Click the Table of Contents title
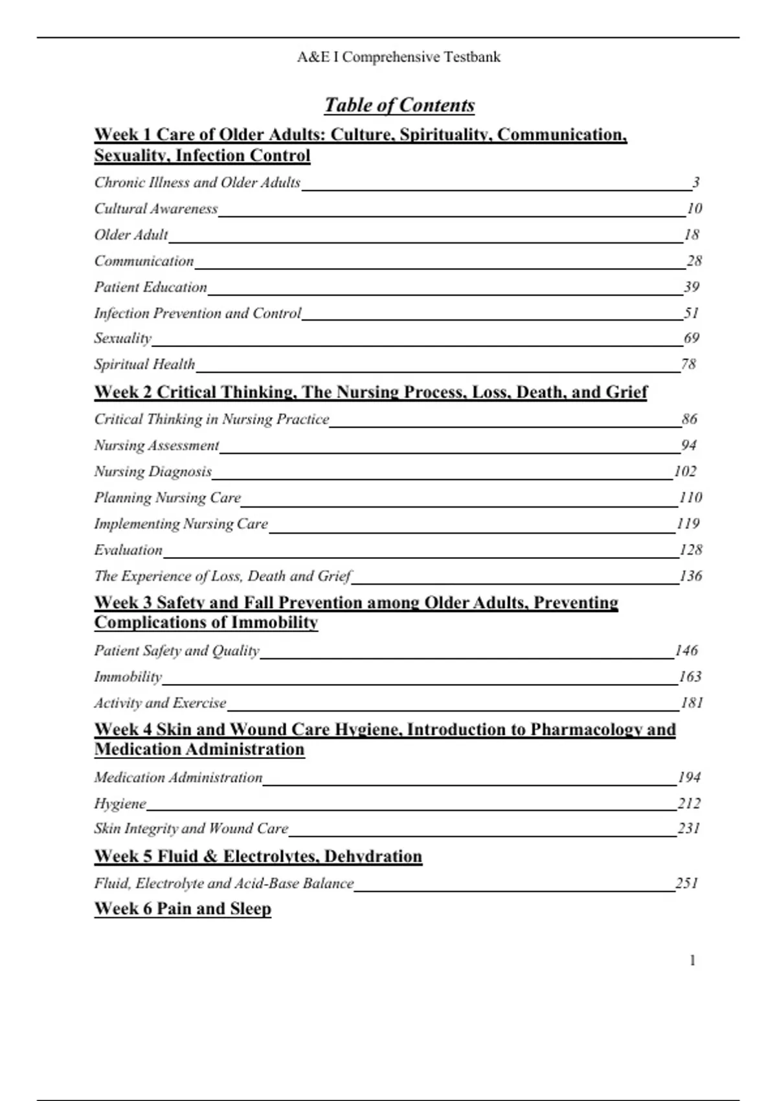coord(399,105)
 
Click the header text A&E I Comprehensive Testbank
coord(399,57)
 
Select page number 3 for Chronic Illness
coord(695,183)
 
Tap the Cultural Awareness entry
coord(156,209)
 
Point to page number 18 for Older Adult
coord(692,234)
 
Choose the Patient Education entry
coord(150,287)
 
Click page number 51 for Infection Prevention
coord(691,313)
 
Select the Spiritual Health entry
coord(144,364)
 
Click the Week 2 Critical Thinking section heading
coord(370,392)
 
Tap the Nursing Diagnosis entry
coord(153,471)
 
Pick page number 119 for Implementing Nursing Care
coord(688,523)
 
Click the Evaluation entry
coord(128,550)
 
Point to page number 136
coord(690,576)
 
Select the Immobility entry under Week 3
coord(128,677)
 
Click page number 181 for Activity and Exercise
coord(692,703)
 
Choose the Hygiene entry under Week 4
coord(120,804)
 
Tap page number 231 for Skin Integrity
coord(689,828)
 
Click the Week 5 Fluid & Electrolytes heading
coord(258,856)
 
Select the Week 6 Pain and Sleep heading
coord(183,909)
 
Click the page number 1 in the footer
coord(692,960)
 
